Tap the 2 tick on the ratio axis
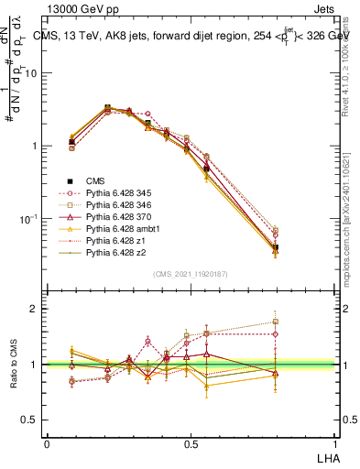[36, 309]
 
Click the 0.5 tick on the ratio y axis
[31, 420]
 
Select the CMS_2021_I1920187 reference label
[189, 273]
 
